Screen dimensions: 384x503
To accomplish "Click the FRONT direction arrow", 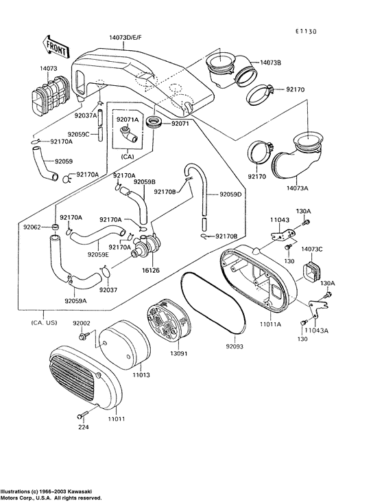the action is [55, 47].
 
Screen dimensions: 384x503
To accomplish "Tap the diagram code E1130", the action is [306, 31].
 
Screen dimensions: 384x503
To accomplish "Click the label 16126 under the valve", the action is [151, 270].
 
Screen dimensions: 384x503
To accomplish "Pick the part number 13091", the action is [179, 353].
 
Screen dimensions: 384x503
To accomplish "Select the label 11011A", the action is [270, 324].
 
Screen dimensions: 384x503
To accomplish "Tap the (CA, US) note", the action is [44, 322].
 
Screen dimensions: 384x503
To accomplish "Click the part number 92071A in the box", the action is [128, 120].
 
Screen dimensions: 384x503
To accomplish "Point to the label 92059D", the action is [230, 194].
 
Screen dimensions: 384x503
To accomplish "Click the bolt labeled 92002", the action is [84, 337].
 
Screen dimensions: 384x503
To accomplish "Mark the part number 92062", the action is [32, 227].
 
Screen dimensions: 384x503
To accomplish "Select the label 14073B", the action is [270, 63].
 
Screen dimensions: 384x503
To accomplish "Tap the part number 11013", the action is [141, 375].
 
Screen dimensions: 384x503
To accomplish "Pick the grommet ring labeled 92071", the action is [154, 123].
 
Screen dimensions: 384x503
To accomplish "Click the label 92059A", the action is [75, 300].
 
